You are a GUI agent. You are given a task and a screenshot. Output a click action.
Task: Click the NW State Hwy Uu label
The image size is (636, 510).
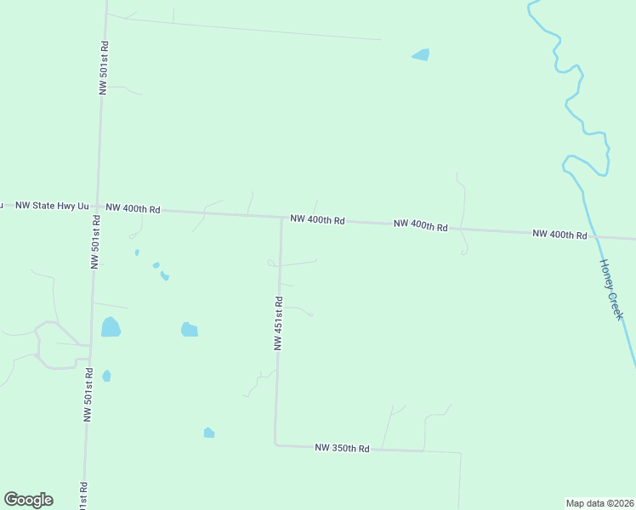click(52, 206)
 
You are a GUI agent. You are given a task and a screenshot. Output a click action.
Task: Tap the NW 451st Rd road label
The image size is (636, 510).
click(278, 323)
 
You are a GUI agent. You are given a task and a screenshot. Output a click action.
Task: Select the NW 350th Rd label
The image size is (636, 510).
click(342, 448)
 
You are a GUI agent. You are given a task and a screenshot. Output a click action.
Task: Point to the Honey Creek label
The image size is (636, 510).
click(612, 289)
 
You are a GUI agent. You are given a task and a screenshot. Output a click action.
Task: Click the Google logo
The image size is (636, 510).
click(28, 500)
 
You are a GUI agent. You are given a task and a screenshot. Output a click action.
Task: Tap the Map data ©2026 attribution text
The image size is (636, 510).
click(599, 502)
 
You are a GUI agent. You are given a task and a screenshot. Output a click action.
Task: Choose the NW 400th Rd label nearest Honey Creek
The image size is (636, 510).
click(559, 234)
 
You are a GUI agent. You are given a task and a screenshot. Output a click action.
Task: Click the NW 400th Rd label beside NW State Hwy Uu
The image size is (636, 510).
click(133, 208)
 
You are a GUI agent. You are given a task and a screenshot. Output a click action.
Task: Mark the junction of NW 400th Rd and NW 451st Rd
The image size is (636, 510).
click(281, 217)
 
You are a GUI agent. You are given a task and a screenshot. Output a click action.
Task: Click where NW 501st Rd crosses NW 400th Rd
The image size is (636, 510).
click(98, 207)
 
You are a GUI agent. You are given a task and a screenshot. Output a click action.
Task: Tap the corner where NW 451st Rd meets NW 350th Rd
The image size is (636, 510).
click(275, 444)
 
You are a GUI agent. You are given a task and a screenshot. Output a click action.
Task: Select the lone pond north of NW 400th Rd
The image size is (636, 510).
click(421, 55)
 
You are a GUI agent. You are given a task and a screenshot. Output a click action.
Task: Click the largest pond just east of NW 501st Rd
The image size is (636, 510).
click(111, 326)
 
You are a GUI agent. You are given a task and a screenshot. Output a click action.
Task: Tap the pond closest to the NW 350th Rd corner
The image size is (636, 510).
click(208, 433)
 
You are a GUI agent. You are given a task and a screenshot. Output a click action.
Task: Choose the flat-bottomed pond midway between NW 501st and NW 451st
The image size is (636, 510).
click(190, 329)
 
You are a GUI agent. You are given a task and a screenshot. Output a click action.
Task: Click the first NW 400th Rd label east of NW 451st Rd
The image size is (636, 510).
click(317, 219)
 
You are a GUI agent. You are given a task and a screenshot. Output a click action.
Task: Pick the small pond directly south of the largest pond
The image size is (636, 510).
click(106, 376)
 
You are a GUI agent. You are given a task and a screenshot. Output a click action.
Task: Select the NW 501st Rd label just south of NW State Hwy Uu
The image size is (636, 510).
click(95, 241)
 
